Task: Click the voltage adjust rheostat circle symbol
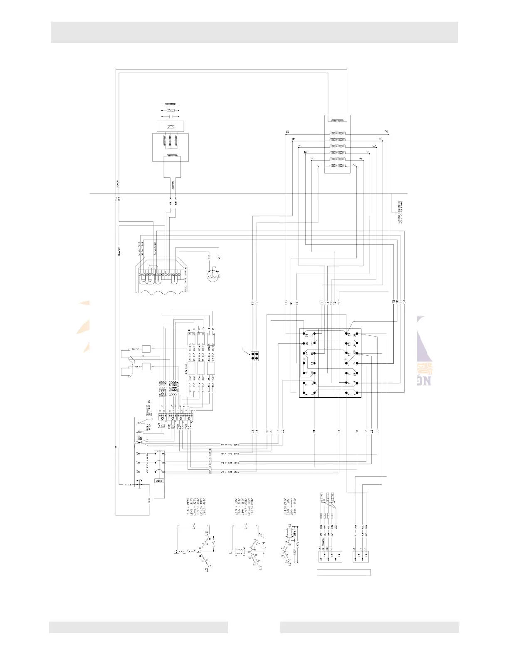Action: point(212,275)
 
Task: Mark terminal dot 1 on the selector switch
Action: point(307,392)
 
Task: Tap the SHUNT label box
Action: point(159,481)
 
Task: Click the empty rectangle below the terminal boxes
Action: point(343,572)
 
